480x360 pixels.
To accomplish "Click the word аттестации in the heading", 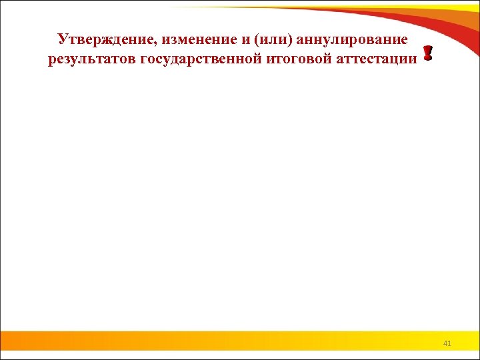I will pos(376,59).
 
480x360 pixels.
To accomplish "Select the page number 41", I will pos(447,343).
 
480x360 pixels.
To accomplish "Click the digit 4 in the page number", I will pos(445,343).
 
